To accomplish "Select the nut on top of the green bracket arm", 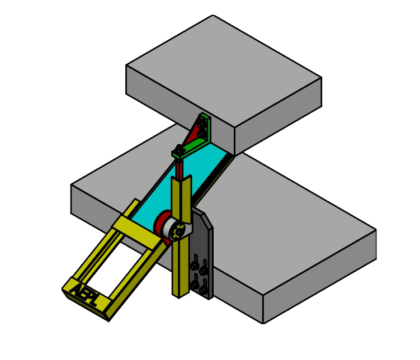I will [x=179, y=149].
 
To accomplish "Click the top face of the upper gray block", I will [x=224, y=67].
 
